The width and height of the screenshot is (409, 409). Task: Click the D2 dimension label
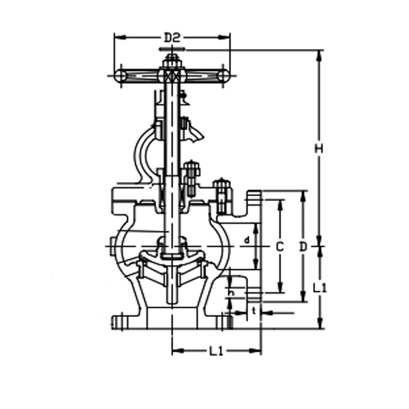coord(172,37)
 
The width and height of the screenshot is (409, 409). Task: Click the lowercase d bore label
coord(246,240)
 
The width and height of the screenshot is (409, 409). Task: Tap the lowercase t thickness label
coord(254,311)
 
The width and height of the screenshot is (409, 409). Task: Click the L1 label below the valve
coord(216,352)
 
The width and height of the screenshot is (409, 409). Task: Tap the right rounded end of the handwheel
coord(224,76)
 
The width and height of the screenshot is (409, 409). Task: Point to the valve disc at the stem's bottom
coord(172,254)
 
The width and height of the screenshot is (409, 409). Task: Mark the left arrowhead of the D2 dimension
coord(117,37)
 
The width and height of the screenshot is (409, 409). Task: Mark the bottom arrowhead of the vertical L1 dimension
coord(319,324)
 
